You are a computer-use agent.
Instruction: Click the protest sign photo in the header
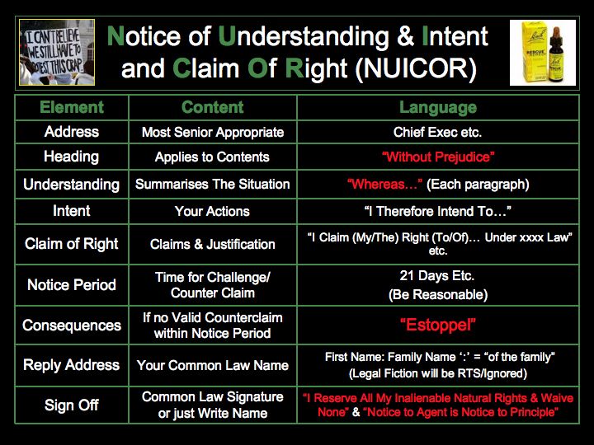coord(57,52)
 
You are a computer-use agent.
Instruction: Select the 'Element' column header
coord(72,107)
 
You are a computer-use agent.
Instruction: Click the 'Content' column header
coord(213,107)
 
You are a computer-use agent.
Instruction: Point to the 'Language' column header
coord(438,107)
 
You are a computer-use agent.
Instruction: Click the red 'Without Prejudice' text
coord(438,157)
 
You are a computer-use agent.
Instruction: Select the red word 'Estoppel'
coord(438,325)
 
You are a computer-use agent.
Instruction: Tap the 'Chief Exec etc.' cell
coord(437,132)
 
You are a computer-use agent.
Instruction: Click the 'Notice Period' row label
coord(72,284)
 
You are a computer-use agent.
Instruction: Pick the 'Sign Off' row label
coord(72,405)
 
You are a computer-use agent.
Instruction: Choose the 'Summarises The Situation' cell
coord(213,184)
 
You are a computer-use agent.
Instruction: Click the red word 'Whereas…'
coord(385,184)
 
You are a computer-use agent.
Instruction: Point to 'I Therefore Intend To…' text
coord(438,211)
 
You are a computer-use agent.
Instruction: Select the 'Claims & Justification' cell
coord(213,244)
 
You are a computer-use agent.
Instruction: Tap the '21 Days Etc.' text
coord(437,275)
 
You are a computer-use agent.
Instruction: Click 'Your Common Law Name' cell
coord(213,365)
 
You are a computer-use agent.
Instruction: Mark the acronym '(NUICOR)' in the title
coord(416,69)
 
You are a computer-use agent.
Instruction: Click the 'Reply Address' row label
coord(72,365)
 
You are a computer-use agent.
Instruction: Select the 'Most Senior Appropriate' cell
coord(213,132)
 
